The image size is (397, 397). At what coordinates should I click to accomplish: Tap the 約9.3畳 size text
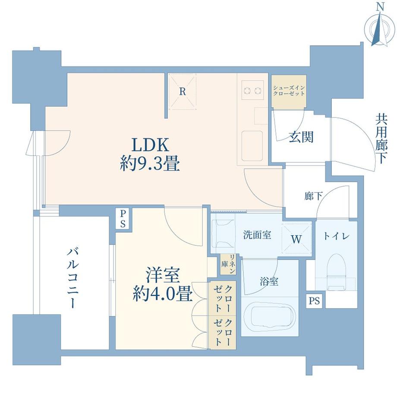[x=150, y=164]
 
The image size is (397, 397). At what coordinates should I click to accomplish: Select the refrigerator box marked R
[x=182, y=91]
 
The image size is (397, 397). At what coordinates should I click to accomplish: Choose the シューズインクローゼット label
[x=289, y=91]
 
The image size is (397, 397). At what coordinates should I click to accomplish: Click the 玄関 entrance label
[x=301, y=137]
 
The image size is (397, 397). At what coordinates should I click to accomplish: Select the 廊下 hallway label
[x=313, y=196]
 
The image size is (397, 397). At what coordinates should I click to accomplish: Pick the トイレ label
[x=337, y=236]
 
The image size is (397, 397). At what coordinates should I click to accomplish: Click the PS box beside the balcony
[x=123, y=219]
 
